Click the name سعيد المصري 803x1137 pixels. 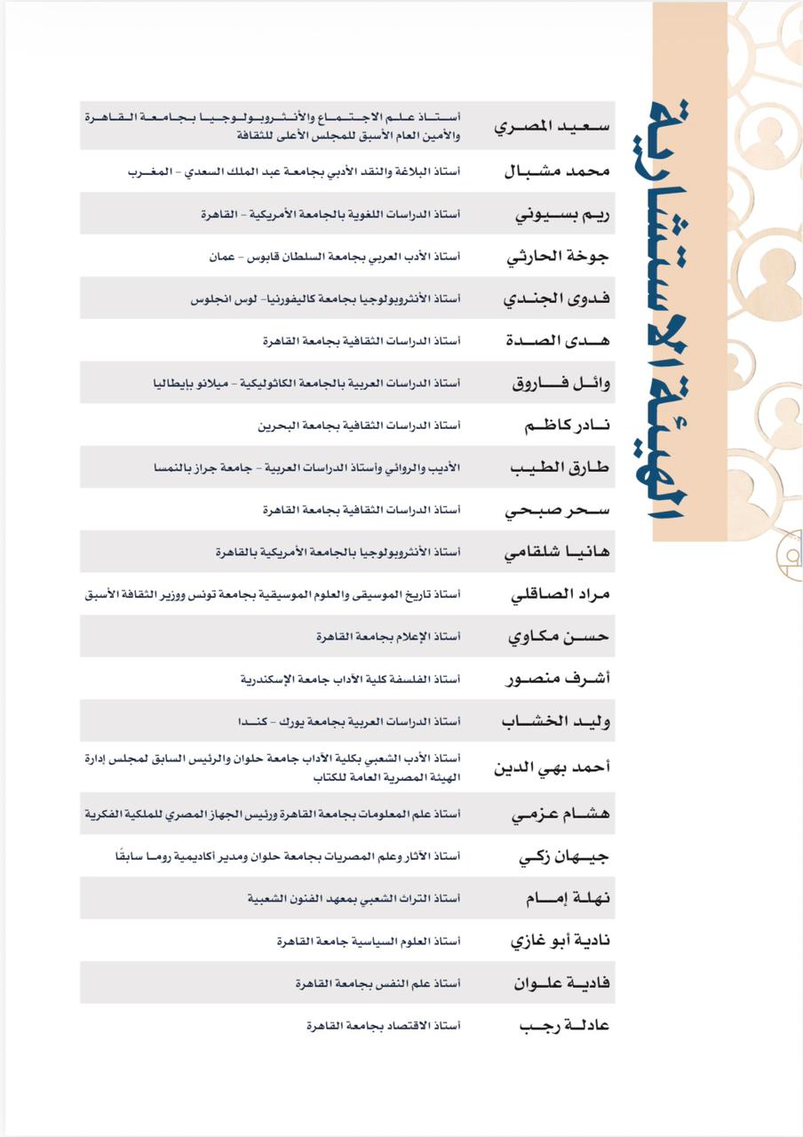(552, 125)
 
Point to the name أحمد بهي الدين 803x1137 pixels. (552, 767)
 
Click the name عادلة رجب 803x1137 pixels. (564, 1026)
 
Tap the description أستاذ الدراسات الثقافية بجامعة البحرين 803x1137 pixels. (359, 426)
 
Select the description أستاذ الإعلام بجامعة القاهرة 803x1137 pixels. (388, 637)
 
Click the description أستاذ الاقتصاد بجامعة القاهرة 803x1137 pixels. (383, 1026)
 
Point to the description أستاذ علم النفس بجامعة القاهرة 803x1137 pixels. (378, 983)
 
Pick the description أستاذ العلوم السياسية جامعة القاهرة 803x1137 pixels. (369, 941)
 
